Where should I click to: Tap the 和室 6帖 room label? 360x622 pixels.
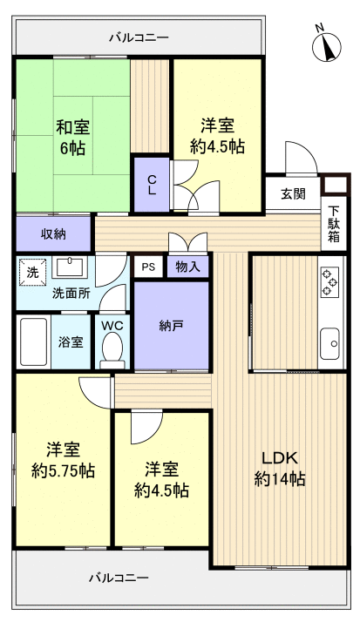click(71, 137)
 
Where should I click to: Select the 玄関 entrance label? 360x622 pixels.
click(293, 194)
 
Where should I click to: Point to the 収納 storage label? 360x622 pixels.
click(53, 234)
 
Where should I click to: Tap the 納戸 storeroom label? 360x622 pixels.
click(172, 325)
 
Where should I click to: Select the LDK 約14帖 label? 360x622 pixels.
click(279, 468)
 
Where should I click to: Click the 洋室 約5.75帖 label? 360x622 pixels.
click(63, 461)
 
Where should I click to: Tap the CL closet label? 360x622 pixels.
click(151, 184)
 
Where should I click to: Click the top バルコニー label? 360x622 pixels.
click(139, 37)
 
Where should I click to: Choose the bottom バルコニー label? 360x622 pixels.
click(119, 578)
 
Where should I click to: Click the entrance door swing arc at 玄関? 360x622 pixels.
click(301, 159)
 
